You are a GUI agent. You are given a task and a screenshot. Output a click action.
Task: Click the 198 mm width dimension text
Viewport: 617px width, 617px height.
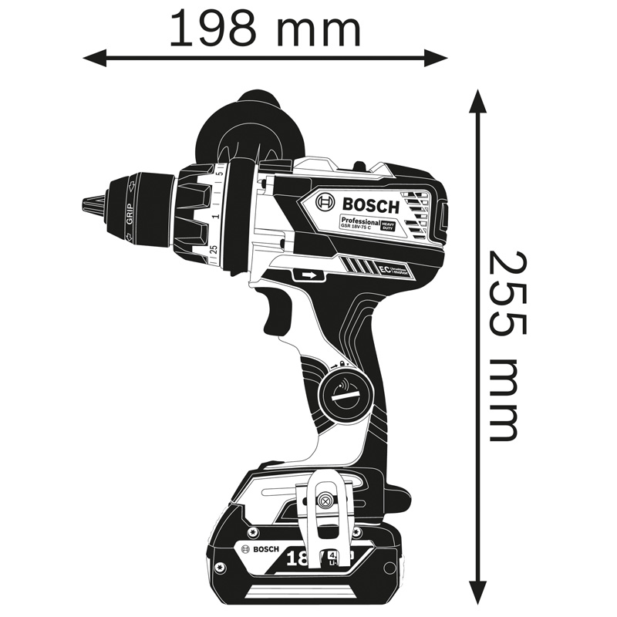[265, 29]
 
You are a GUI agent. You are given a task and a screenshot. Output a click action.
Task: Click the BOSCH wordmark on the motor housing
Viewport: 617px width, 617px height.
[371, 206]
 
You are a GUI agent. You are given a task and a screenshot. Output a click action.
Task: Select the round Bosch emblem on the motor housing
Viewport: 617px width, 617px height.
[326, 204]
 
